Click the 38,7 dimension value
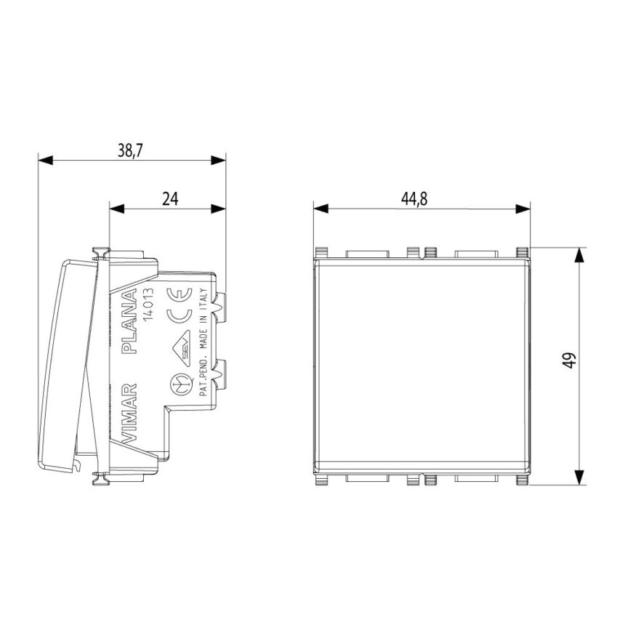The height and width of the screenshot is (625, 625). click(x=130, y=150)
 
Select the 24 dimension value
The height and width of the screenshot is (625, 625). click(x=170, y=198)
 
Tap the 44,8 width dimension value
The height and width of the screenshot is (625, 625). click(x=414, y=199)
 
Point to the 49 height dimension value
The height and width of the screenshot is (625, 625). click(x=570, y=360)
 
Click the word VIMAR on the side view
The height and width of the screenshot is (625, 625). click(x=129, y=414)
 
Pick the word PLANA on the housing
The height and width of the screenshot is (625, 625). click(x=129, y=322)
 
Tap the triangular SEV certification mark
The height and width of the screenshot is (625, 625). click(x=182, y=348)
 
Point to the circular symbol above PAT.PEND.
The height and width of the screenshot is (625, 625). click(x=178, y=385)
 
